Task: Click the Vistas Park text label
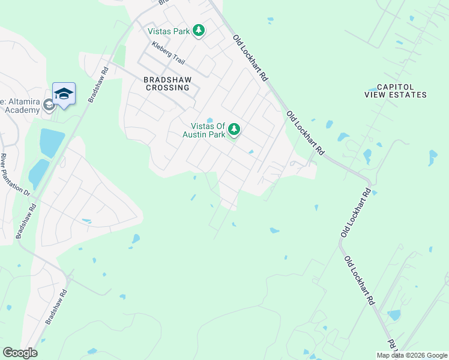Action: [169, 31]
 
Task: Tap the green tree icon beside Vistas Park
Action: [199, 31]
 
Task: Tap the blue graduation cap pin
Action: [64, 93]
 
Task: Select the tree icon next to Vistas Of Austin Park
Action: [234, 129]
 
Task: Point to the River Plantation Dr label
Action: [16, 175]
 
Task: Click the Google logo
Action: [20, 353]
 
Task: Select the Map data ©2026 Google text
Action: [412, 355]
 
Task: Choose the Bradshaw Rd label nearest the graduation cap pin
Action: [97, 84]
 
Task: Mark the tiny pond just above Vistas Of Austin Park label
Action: [209, 119]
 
